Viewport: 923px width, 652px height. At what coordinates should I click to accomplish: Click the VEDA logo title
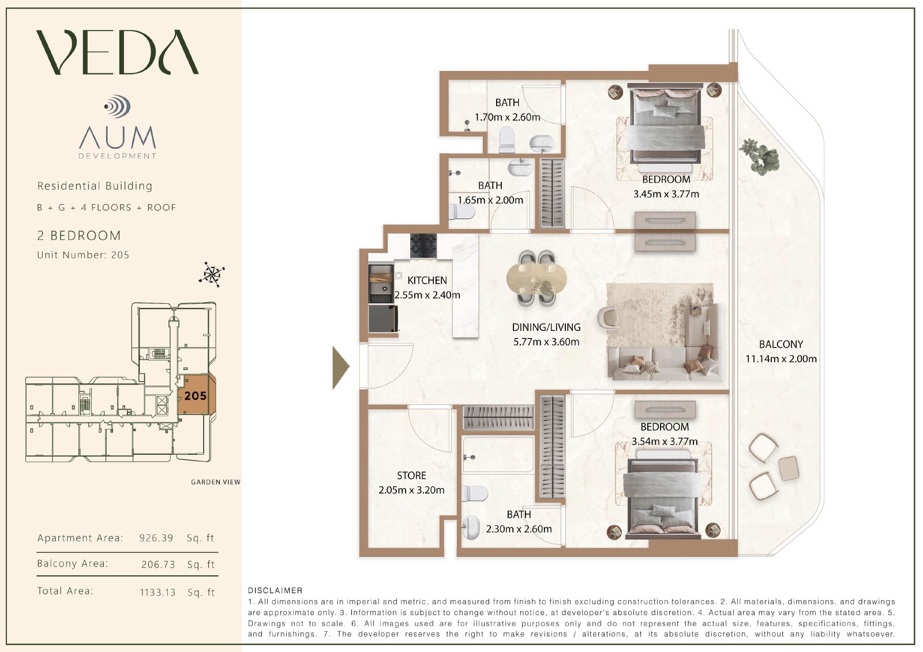point(118,52)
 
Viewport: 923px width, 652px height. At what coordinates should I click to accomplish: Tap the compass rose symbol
point(212,274)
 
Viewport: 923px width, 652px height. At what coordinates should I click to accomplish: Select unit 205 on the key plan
point(196,395)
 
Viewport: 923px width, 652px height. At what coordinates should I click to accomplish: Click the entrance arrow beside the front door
point(341,367)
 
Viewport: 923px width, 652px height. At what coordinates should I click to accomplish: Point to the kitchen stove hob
point(423,246)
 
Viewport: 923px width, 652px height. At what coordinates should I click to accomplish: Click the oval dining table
point(536,279)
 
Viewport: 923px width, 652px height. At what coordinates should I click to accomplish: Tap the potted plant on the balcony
point(759,156)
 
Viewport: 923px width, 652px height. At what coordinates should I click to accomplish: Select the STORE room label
point(411,475)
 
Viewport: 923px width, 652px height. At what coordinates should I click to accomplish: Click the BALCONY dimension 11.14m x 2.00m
point(781,359)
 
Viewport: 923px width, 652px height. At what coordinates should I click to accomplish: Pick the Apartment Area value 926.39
point(156,538)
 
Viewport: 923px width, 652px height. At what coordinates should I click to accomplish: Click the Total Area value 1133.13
point(157,592)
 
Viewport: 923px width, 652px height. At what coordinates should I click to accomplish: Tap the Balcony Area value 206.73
point(158,564)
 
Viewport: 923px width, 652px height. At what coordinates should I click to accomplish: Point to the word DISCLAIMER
point(275,590)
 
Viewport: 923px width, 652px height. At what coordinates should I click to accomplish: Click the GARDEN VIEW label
point(216,482)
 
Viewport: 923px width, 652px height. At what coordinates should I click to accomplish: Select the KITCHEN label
point(427,281)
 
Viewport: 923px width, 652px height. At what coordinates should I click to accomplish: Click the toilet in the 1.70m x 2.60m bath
point(507,139)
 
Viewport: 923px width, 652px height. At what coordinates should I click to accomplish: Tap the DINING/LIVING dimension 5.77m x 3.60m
point(546,342)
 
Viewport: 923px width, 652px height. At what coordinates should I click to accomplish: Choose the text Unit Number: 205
point(83,255)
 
